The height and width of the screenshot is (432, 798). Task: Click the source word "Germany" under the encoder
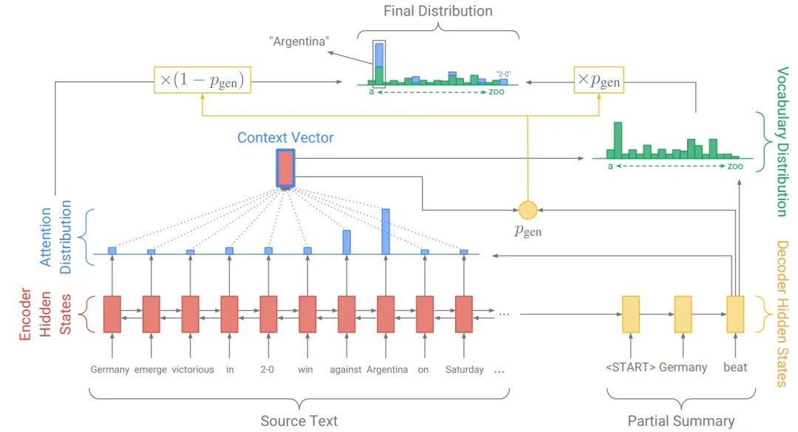110,369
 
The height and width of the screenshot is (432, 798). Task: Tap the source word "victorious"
193,369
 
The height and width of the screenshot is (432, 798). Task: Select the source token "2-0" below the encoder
267,369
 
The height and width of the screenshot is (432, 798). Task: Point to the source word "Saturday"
465,369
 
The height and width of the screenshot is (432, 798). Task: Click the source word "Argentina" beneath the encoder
387,369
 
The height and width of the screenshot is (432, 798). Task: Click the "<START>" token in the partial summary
630,367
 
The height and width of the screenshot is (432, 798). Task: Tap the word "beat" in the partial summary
734,367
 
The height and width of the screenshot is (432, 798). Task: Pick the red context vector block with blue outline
285,168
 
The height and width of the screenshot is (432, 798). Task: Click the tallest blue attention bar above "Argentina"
386,231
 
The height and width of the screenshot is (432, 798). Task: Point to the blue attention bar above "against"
347,242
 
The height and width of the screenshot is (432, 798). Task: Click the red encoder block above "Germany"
112,314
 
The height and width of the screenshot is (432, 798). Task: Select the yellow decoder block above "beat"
735,314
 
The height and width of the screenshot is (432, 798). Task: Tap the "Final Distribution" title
437,11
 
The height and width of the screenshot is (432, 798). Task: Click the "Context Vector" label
285,138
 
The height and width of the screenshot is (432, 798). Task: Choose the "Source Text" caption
299,421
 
